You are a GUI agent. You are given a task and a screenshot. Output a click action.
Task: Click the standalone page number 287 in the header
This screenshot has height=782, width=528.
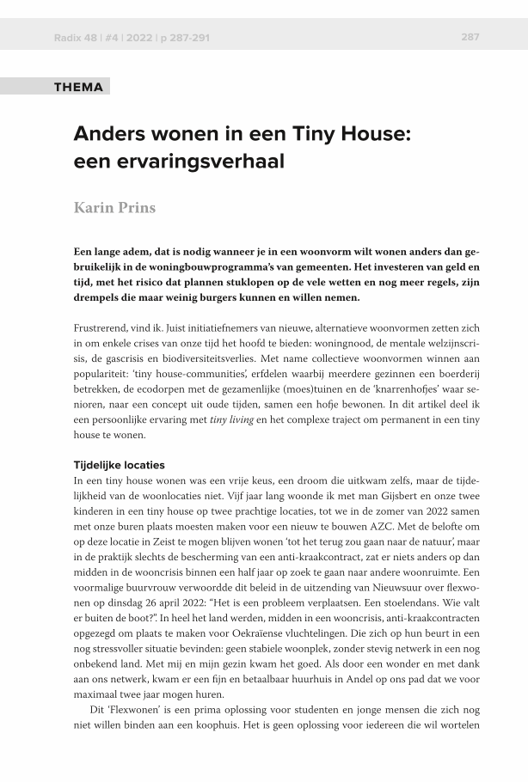(470, 37)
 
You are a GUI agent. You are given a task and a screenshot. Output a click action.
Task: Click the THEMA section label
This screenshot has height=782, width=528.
(78, 87)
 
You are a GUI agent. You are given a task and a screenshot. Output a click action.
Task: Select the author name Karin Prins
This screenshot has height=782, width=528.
(114, 208)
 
